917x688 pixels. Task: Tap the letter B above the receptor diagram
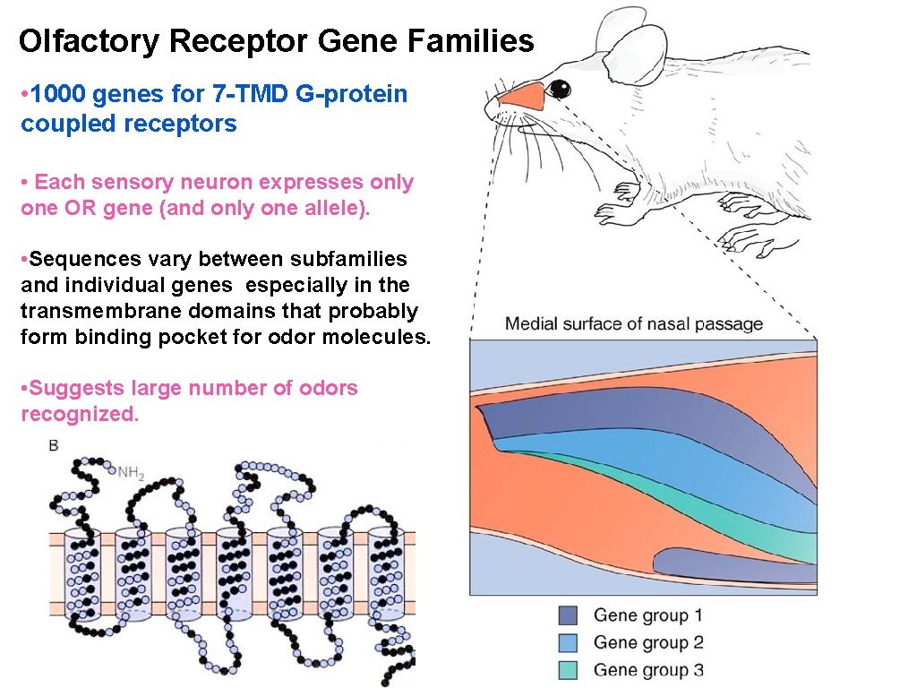coord(54,445)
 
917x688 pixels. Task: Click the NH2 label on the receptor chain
coord(130,471)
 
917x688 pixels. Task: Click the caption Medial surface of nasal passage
coord(634,323)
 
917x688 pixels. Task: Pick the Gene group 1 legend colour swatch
coord(568,615)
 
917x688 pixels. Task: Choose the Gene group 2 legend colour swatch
coord(568,642)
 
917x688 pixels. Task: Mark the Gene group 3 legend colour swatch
coord(568,669)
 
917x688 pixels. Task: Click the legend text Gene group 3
coord(648,669)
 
